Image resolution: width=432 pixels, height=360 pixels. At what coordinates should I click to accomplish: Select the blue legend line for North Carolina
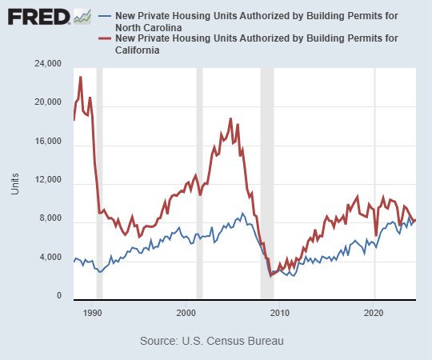click(104, 15)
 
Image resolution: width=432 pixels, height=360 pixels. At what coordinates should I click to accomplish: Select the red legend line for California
click(104, 38)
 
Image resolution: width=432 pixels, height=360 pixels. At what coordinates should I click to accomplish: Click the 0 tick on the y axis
click(58, 297)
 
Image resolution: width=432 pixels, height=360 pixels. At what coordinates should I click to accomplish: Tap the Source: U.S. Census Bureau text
click(211, 341)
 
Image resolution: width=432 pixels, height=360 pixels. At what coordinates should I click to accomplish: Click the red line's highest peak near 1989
click(81, 77)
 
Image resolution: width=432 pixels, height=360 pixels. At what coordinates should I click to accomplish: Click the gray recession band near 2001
click(199, 184)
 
